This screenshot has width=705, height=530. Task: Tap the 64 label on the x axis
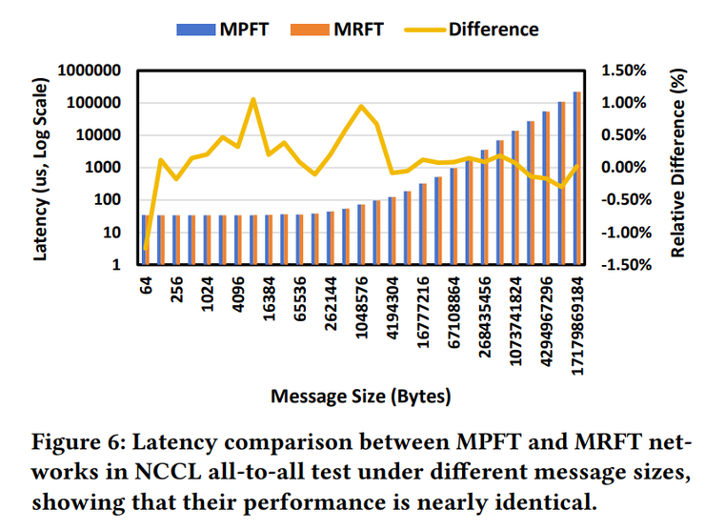pos(148,286)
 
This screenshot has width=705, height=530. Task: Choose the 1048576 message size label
pos(362,310)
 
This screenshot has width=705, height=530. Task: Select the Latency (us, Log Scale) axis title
pos(42,167)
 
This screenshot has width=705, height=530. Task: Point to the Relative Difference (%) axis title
pos(679,168)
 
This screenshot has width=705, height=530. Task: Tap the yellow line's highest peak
pos(253,99)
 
